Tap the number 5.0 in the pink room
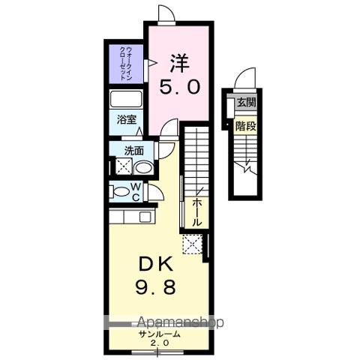[x=178, y=87]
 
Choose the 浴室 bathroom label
[x=125, y=118]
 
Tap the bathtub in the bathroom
[x=124, y=100]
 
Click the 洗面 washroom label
[x=134, y=150]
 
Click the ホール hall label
[x=196, y=211]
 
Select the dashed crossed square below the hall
[x=193, y=244]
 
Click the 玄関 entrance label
[x=246, y=102]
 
